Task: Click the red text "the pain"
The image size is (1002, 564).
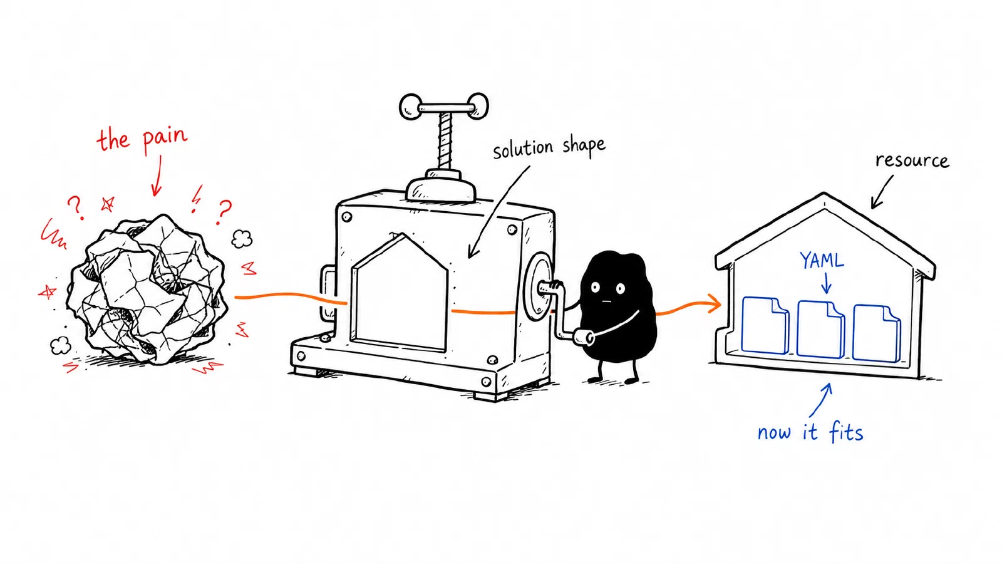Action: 142,140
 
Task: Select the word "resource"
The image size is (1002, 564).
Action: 912,160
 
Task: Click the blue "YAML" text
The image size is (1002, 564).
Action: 822,261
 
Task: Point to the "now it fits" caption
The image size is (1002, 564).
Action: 810,432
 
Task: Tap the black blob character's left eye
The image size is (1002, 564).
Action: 596,288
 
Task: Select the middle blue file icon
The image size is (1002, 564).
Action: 821,329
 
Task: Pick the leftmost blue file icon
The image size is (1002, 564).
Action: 765,325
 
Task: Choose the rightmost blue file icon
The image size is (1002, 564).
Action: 876,333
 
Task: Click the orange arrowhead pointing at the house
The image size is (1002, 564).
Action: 715,305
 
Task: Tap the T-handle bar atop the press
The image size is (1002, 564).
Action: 444,107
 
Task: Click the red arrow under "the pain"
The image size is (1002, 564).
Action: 157,175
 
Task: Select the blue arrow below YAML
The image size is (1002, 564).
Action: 826,283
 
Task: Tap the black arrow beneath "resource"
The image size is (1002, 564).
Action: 881,192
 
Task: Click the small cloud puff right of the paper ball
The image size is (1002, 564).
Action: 242,239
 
